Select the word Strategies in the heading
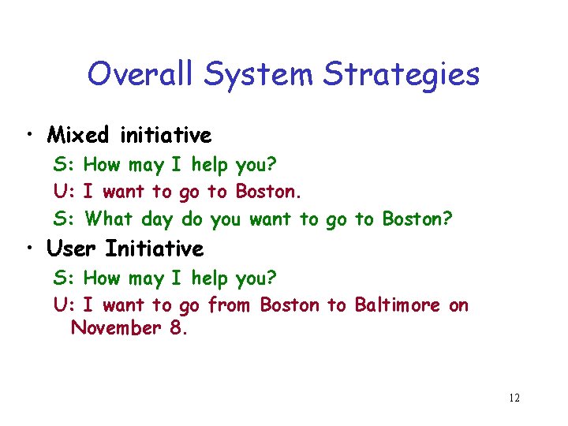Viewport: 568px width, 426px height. click(400, 75)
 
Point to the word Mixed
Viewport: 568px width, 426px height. click(77, 136)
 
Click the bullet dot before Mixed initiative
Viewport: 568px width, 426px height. click(30, 136)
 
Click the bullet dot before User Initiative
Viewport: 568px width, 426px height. click(30, 249)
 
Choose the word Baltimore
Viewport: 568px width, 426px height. click(398, 305)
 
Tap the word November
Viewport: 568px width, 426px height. click(116, 328)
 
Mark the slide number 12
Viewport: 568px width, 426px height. click(514, 398)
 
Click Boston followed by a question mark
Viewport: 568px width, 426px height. click(415, 219)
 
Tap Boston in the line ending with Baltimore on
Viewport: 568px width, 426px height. click(290, 305)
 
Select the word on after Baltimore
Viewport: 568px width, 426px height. click(458, 305)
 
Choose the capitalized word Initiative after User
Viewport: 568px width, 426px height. click(155, 249)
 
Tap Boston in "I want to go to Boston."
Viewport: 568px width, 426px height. click(267, 192)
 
